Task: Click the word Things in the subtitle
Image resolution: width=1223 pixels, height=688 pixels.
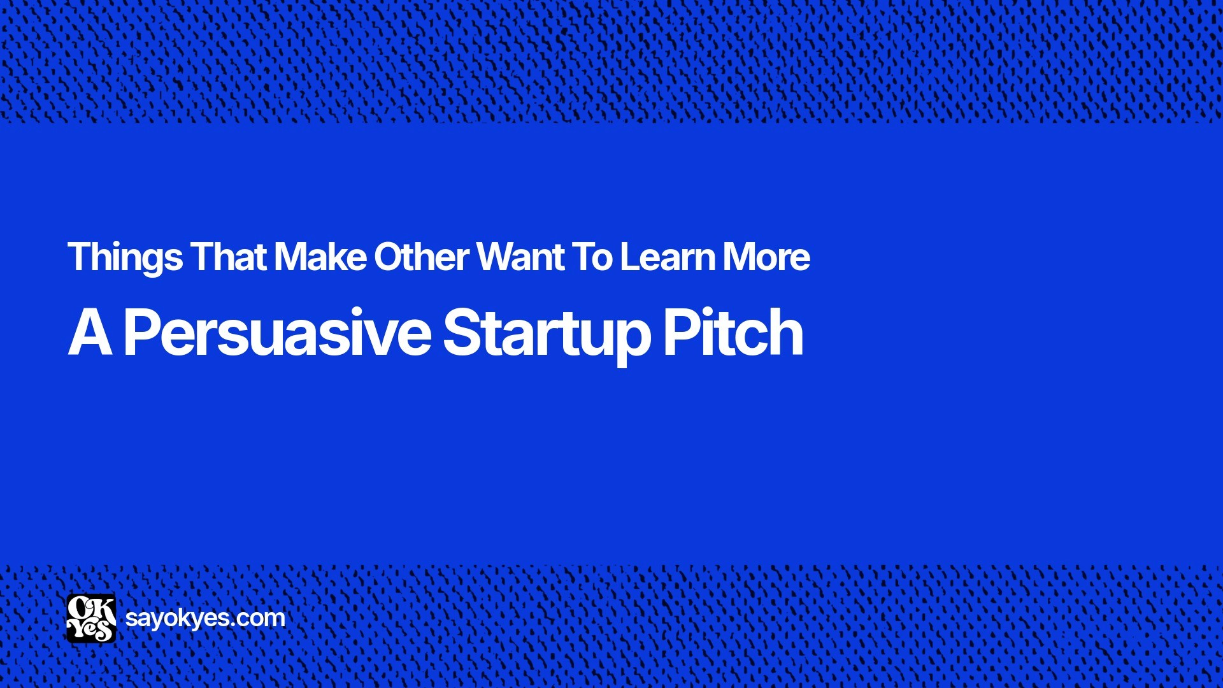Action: point(125,257)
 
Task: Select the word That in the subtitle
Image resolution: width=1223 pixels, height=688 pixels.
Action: point(229,257)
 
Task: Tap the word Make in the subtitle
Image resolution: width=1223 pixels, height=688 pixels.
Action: point(320,257)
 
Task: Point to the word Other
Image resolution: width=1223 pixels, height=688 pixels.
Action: point(422,257)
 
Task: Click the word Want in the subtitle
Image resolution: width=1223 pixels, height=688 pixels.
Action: point(520,257)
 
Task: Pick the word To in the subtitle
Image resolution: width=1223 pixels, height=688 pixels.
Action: point(592,257)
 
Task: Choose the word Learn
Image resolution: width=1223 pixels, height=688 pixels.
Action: point(668,257)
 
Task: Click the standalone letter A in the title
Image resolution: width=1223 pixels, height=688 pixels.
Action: point(90,333)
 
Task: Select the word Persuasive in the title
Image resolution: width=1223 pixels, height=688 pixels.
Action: point(277,333)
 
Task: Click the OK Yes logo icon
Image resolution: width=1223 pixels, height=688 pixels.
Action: point(91,618)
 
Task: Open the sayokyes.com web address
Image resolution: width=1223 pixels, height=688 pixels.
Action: point(205,618)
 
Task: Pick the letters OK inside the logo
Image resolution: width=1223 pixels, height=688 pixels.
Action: point(91,608)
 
